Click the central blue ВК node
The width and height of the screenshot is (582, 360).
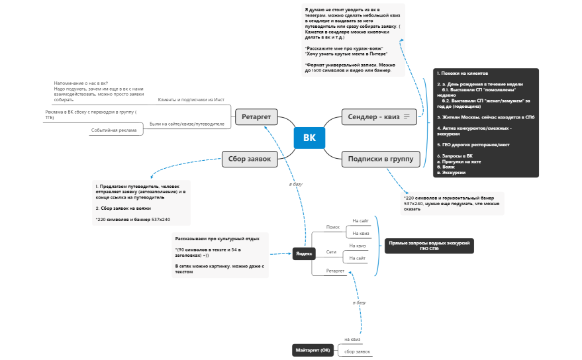point(309,138)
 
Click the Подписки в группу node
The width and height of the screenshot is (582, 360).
point(380,157)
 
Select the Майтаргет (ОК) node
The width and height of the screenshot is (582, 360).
point(312,350)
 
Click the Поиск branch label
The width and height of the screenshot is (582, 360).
point(332,227)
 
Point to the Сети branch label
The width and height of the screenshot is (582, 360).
point(331,252)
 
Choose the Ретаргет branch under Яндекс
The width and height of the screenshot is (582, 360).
point(335,271)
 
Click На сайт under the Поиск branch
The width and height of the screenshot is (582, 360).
point(360,220)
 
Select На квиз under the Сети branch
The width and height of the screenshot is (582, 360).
point(358,246)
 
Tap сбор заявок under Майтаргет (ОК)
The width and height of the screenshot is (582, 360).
point(357,351)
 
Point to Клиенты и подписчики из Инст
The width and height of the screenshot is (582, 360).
point(191,99)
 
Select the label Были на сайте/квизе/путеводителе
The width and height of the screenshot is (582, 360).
point(187,124)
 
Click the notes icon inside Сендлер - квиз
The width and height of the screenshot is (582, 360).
point(407,117)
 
